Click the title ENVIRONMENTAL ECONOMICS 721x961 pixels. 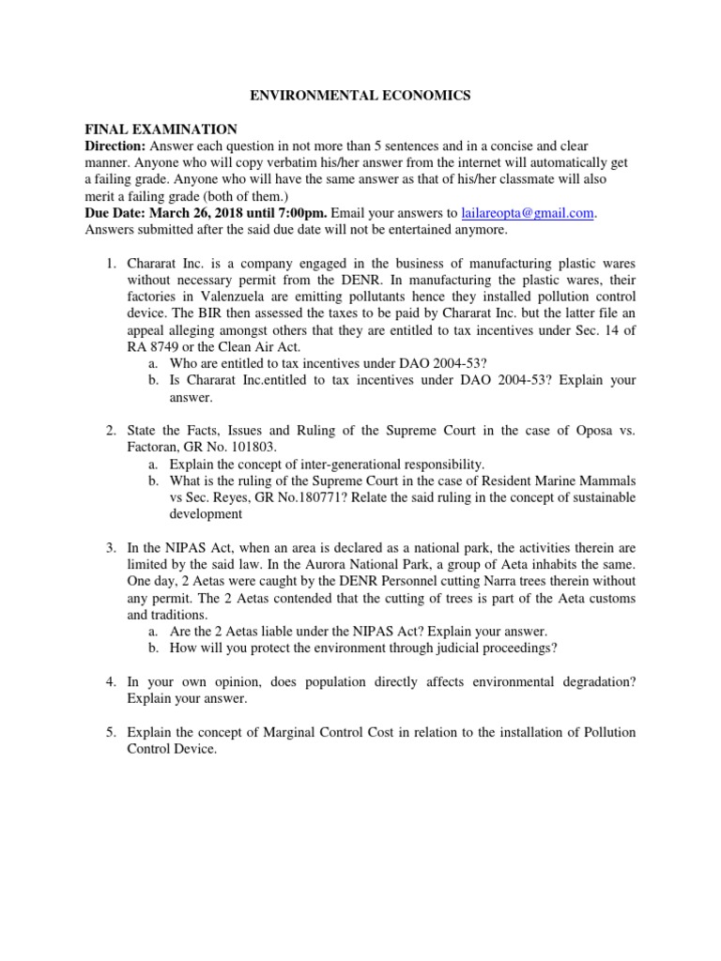click(360, 95)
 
